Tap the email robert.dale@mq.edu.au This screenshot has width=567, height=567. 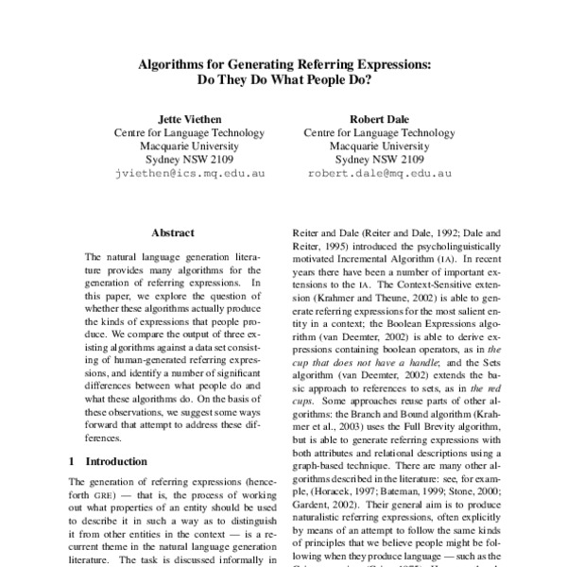coord(378,175)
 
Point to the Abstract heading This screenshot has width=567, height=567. coord(173,232)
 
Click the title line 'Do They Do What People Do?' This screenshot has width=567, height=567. coord(283,82)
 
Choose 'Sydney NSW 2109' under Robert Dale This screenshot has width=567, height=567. coord(378,161)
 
